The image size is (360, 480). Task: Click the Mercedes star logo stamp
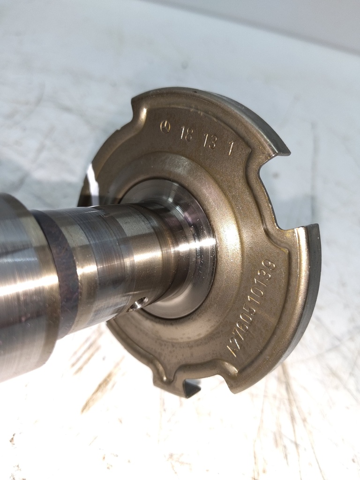pyautogui.click(x=165, y=127)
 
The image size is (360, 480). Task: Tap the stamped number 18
pyautogui.click(x=186, y=134)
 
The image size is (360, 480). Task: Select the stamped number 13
pyautogui.click(x=210, y=142)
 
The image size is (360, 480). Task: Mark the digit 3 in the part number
pyautogui.click(x=268, y=275)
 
